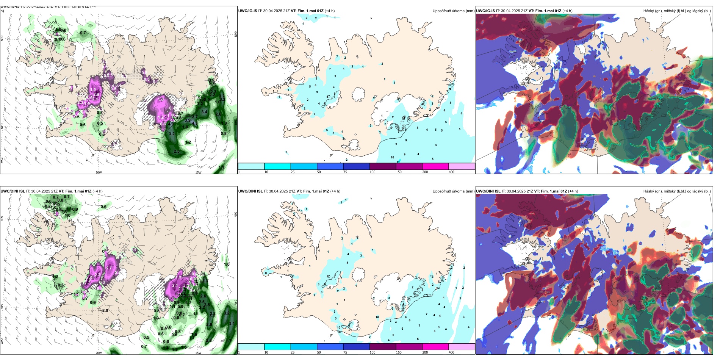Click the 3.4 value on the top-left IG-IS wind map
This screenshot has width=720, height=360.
point(204,112)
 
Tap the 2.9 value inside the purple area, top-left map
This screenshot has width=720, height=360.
point(96,94)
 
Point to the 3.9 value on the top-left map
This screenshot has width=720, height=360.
point(187,121)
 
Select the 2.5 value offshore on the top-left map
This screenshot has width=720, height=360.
point(177,151)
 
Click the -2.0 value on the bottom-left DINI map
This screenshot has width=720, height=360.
point(105,310)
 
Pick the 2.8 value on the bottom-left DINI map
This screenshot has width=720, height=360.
point(208,340)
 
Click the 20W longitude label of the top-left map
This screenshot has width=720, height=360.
point(99,172)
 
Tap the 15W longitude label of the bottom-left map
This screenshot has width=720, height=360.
point(198,353)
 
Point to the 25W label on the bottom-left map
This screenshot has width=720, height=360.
point(2,341)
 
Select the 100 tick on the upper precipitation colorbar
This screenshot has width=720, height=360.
point(373,172)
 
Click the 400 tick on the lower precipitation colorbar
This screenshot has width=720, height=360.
point(451,352)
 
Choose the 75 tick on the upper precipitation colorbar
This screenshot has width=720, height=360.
point(345,172)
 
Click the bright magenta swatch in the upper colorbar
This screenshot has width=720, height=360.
point(435,166)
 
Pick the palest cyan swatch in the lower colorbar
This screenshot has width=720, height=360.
point(251,347)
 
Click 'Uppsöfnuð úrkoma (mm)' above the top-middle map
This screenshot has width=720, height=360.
point(453,11)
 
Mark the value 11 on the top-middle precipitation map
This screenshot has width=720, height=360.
point(398,162)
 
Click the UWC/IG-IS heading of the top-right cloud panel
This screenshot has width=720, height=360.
point(485,11)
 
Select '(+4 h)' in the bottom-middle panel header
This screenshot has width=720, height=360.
point(335,191)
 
